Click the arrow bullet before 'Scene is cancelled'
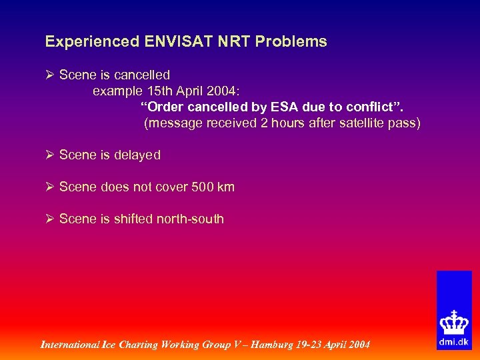(50, 75)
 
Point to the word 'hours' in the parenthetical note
(284, 123)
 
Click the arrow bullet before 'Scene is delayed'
(50, 155)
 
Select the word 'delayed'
(137, 155)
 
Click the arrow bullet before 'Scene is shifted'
(50, 219)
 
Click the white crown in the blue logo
(453, 322)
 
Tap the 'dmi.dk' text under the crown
(453, 341)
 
